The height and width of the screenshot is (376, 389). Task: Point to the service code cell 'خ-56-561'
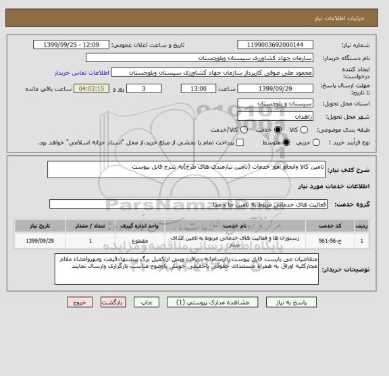336,240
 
